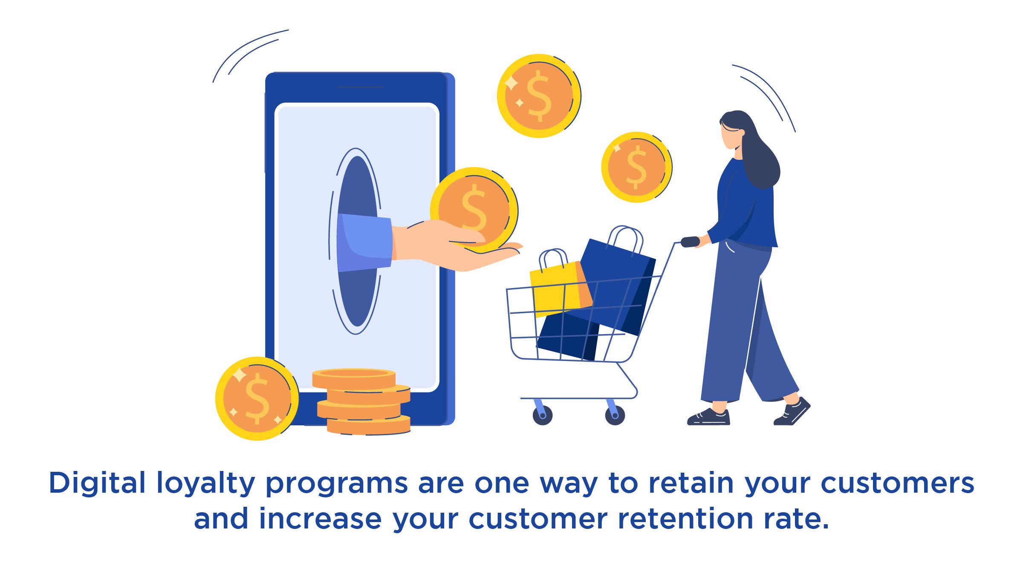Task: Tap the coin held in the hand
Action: (x=474, y=209)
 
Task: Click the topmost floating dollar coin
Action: (x=539, y=96)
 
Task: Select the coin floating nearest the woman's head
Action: (x=636, y=167)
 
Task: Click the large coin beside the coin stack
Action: (x=257, y=398)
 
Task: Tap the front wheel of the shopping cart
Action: (x=542, y=415)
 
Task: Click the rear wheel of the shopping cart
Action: (x=615, y=415)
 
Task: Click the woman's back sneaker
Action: (x=793, y=413)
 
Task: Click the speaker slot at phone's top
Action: (x=360, y=87)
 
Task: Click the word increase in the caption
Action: (x=320, y=519)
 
